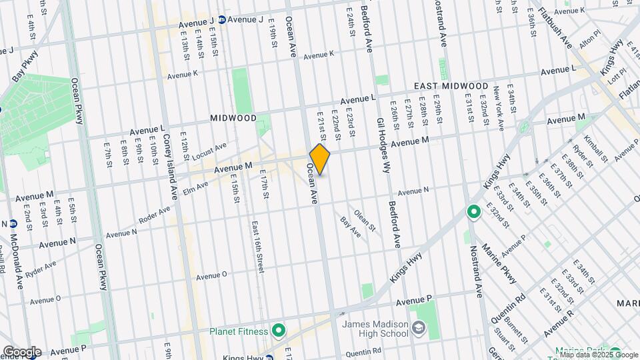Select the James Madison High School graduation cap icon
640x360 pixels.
[418, 328]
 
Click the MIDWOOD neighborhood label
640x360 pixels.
[233, 117]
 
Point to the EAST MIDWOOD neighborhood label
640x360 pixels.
[451, 87]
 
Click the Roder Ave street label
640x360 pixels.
[154, 215]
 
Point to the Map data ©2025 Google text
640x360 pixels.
[598, 355]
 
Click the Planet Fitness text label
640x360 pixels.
[238, 331]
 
